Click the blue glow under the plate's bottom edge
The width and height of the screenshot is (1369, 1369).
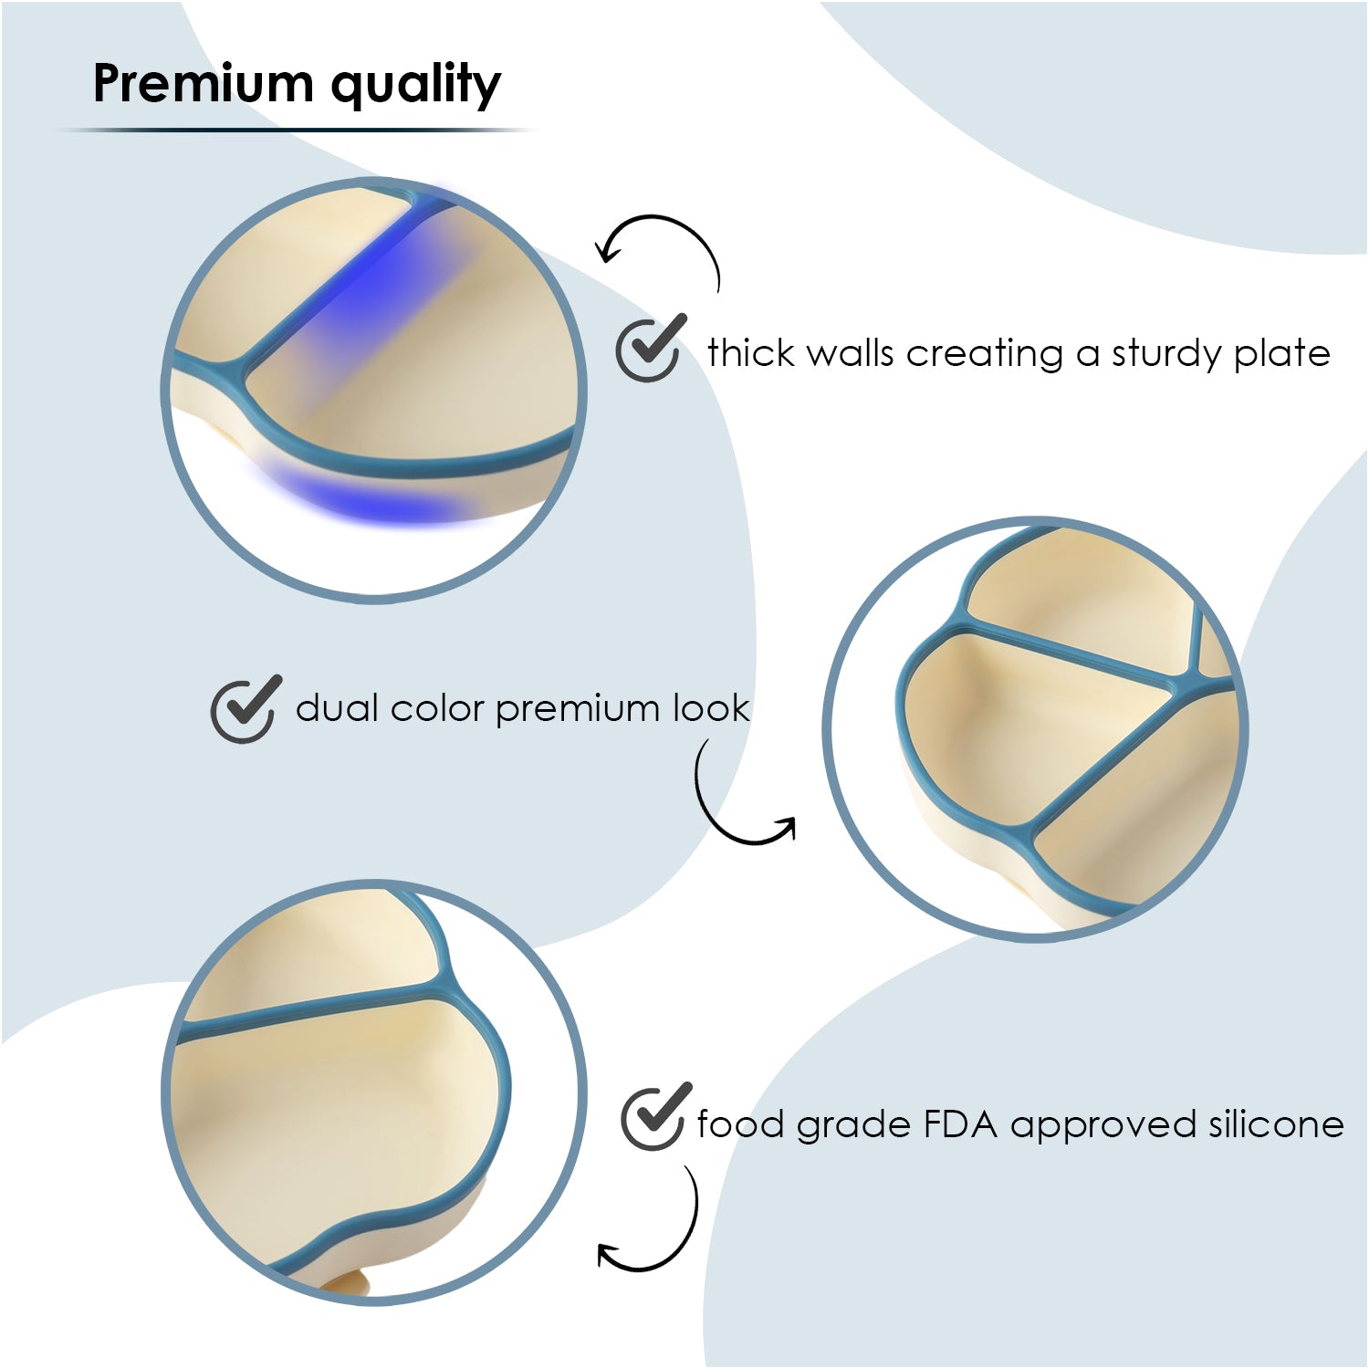[365, 500]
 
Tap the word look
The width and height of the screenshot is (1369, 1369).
[711, 708]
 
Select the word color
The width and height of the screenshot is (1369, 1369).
[435, 708]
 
